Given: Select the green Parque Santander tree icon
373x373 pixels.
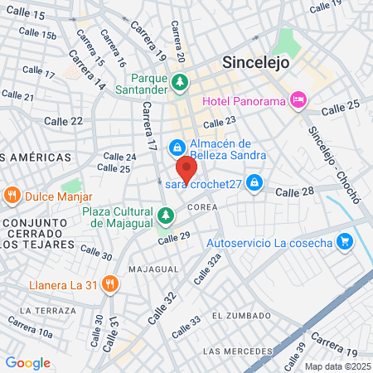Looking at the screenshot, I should pyautogui.click(x=181, y=82).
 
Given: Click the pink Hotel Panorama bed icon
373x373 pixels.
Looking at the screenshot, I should pyautogui.click(x=299, y=101).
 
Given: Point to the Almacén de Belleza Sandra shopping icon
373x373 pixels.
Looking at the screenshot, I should pyautogui.click(x=176, y=148).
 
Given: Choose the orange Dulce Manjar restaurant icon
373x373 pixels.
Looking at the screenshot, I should pyautogui.click(x=12, y=197).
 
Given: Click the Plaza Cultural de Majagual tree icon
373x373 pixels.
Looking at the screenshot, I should pyautogui.click(x=167, y=216).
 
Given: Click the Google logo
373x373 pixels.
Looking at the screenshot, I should pyautogui.click(x=27, y=362).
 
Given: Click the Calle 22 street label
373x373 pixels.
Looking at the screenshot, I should pyautogui.click(x=65, y=121).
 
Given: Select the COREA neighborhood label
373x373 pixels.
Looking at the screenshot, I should pyautogui.click(x=203, y=206).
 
